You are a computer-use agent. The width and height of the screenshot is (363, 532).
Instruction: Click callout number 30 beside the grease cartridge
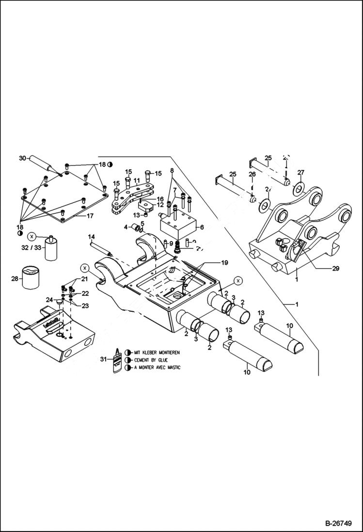click(22, 158)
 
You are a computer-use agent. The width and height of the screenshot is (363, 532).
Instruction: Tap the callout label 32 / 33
click(32, 247)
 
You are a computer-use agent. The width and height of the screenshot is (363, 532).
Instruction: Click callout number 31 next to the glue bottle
click(103, 359)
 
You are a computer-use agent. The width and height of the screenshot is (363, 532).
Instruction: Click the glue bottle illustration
click(117, 360)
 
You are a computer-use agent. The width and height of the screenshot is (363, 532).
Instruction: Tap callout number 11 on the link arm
click(137, 180)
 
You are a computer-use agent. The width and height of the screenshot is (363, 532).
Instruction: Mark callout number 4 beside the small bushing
click(125, 226)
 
